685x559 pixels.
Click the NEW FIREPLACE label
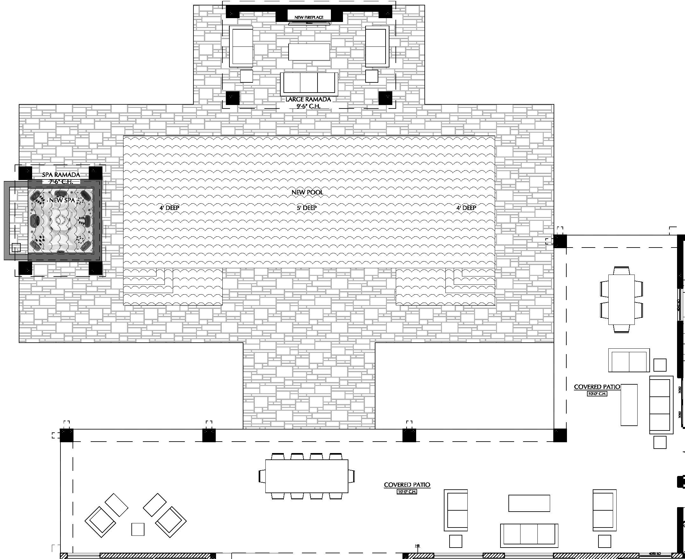(x=309, y=17)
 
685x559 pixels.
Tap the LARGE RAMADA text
(x=308, y=99)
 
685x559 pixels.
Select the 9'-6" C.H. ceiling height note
(x=308, y=106)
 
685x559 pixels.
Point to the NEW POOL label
(x=307, y=192)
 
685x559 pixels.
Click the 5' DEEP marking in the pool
(x=307, y=208)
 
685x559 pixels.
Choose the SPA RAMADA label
(x=61, y=175)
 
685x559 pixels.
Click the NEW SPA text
(x=62, y=200)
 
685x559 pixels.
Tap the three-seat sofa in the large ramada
(x=309, y=83)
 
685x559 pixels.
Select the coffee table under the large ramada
(x=309, y=52)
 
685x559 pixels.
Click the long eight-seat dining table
(x=307, y=476)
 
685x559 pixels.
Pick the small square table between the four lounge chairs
(x=138, y=529)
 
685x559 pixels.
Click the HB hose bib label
(x=417, y=545)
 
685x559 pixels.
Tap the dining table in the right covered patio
(x=621, y=300)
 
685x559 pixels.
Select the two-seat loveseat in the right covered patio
(x=629, y=360)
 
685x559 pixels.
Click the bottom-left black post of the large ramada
(x=233, y=98)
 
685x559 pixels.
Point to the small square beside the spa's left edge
(x=16, y=247)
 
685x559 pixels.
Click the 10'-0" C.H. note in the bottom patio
(x=407, y=492)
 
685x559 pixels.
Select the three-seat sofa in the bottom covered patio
(x=529, y=535)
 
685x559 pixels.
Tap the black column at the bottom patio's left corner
(x=67, y=435)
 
